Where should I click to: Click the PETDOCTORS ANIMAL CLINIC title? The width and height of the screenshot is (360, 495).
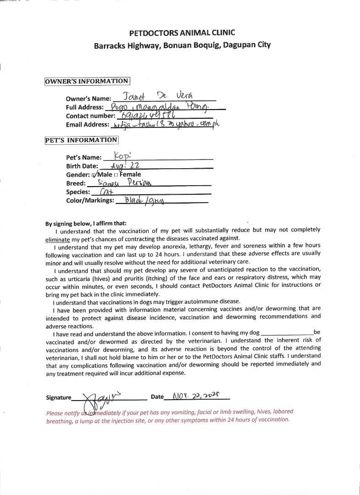(182, 33)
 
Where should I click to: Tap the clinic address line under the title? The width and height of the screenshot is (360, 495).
(182, 45)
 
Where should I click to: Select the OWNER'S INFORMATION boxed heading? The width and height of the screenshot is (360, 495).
(87, 81)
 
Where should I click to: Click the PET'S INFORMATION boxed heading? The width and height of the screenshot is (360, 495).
(81, 140)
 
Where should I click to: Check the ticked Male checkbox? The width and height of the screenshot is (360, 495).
(94, 175)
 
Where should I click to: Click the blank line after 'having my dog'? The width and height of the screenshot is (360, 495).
(286, 333)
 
